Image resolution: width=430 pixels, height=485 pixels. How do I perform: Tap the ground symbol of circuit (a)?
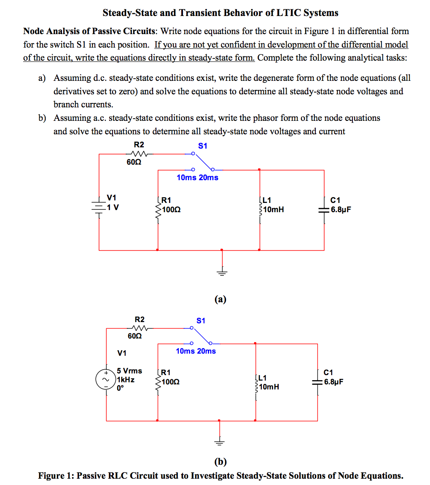click(x=222, y=272)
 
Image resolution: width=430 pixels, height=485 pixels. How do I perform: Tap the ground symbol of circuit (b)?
click(x=219, y=442)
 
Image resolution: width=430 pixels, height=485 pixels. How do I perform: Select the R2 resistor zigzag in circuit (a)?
click(x=138, y=154)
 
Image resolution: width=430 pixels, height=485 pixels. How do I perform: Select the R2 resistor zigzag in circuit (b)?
click(x=139, y=328)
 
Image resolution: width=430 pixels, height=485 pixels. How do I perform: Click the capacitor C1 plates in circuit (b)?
click(x=317, y=382)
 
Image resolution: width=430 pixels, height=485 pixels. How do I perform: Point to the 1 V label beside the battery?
click(x=113, y=207)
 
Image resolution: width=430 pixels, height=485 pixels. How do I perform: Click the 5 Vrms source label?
click(x=129, y=370)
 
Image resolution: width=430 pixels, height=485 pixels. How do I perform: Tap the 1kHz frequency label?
click(x=126, y=379)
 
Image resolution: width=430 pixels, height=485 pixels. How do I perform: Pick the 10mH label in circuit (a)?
click(x=274, y=209)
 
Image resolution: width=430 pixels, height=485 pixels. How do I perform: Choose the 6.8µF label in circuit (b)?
click(x=333, y=382)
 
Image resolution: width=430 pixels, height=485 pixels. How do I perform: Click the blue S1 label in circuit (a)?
click(x=203, y=146)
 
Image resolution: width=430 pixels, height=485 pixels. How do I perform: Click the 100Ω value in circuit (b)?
click(x=171, y=382)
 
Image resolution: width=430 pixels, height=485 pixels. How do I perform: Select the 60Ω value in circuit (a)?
click(x=134, y=162)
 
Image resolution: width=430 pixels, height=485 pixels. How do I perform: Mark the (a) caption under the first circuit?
click(x=220, y=299)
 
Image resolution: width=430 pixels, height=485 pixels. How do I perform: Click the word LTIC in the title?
click(x=288, y=13)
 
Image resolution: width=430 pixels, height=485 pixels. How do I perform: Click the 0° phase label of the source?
click(x=120, y=388)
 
